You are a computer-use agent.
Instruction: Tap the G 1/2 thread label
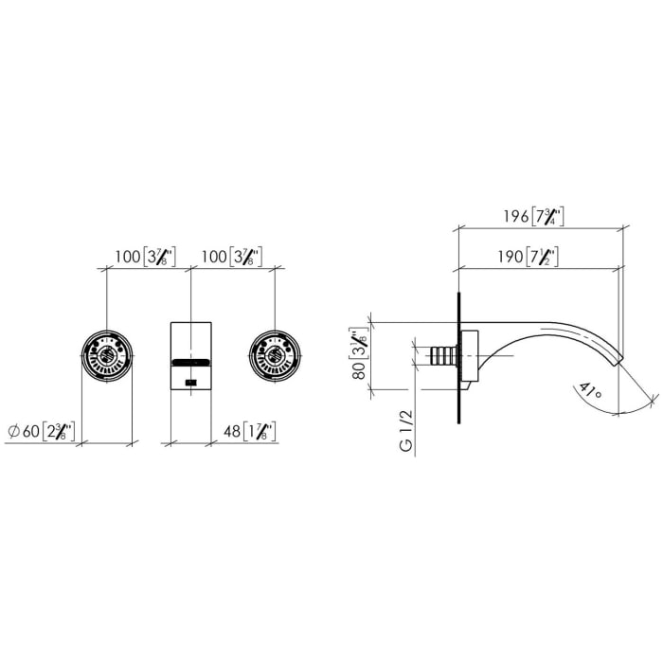coord(406,431)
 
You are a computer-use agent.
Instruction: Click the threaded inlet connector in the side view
coord(441,356)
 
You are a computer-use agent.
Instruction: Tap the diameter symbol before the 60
coord(13,432)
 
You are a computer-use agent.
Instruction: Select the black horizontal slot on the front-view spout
coord(189,362)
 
